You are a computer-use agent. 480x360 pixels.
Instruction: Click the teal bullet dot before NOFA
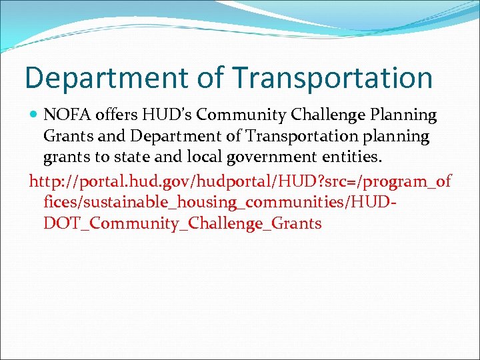34,115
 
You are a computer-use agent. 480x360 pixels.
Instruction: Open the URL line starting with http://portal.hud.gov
240,181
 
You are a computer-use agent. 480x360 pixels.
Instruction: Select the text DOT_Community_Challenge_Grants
182,223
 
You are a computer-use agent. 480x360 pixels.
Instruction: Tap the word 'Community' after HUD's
243,116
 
